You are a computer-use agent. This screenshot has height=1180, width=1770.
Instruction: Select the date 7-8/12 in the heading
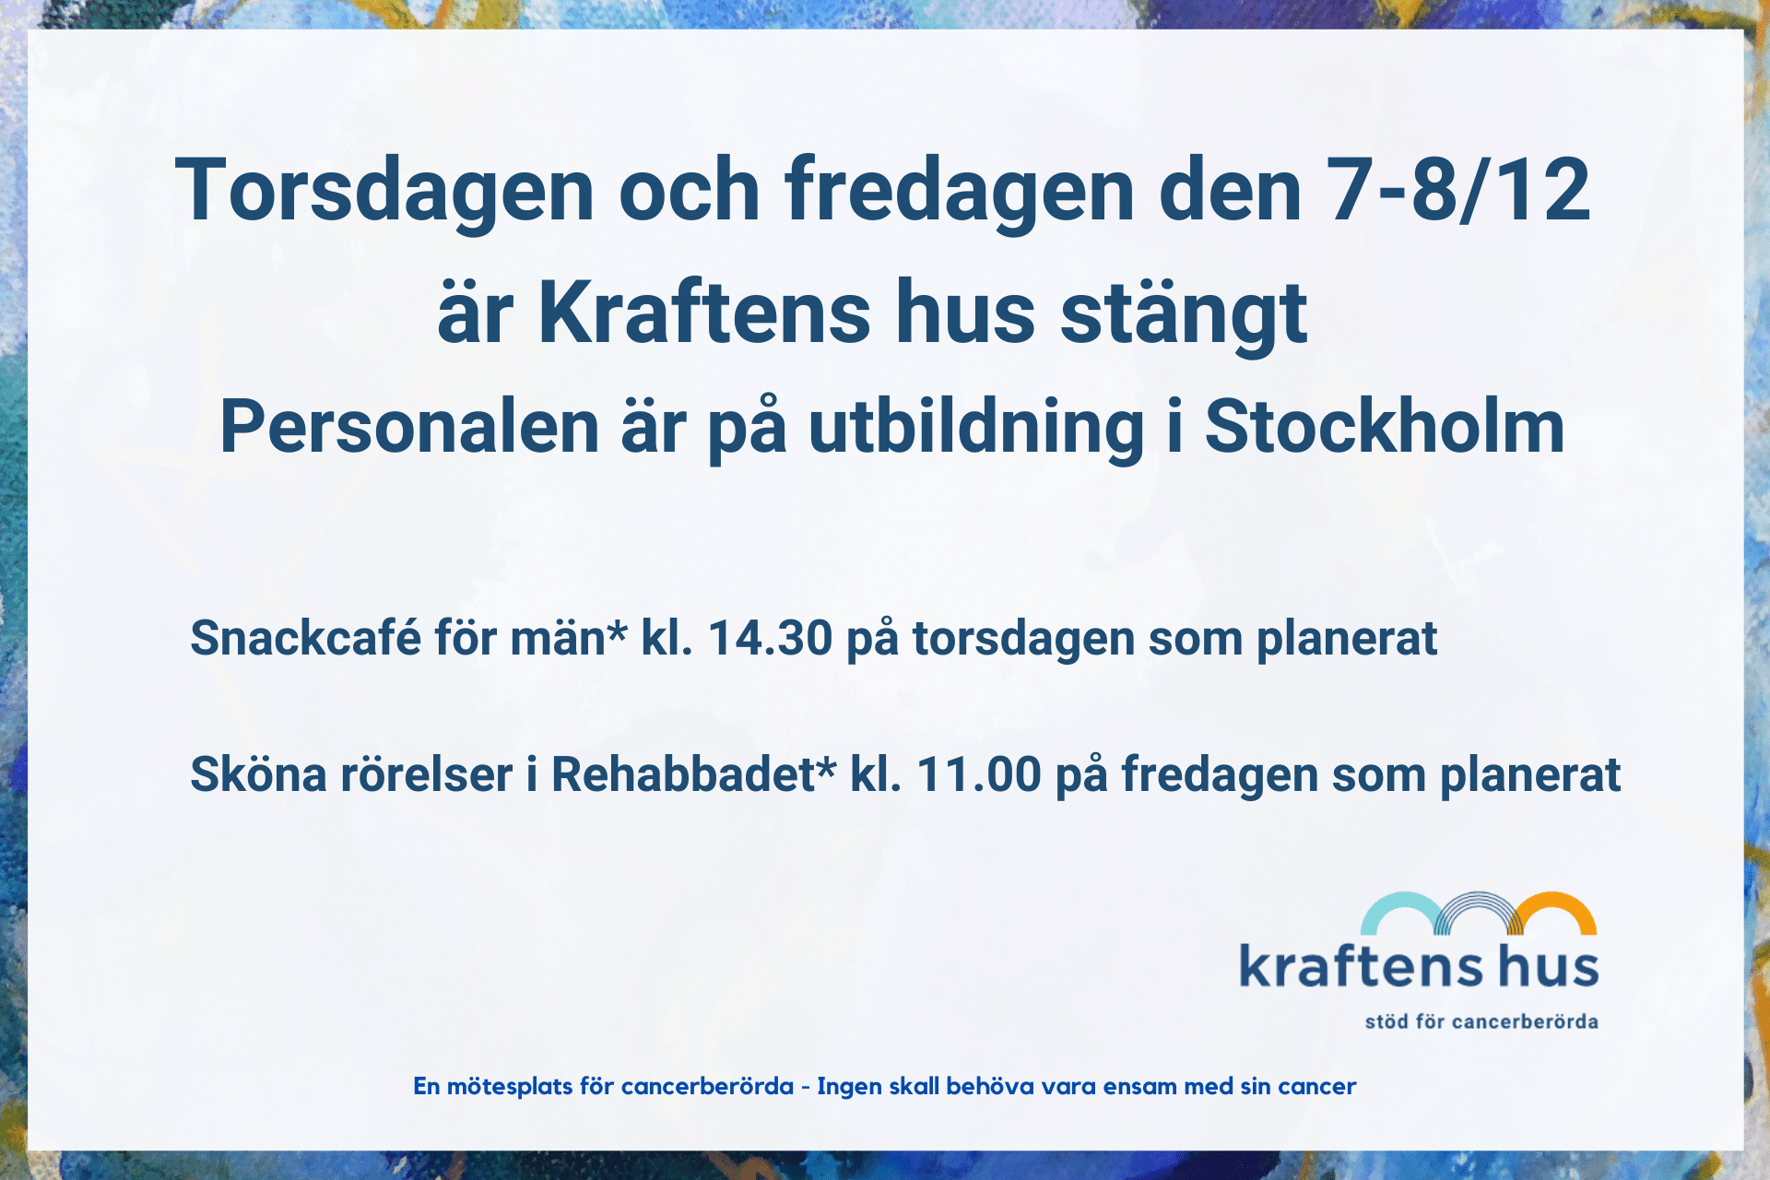point(1458,189)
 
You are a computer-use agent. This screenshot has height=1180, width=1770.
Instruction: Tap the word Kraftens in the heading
point(703,313)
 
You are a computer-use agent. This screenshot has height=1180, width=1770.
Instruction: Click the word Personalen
point(409,427)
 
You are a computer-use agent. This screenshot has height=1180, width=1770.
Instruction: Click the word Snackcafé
point(305,637)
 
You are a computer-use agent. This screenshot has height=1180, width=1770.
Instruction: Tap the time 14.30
point(770,638)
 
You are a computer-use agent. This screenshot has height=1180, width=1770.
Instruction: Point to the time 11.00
point(979,774)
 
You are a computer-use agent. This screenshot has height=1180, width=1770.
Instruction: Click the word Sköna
point(258,773)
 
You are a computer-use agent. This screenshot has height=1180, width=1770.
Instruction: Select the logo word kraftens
point(1361,965)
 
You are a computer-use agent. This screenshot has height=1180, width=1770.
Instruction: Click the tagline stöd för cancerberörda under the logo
point(1481,1021)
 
